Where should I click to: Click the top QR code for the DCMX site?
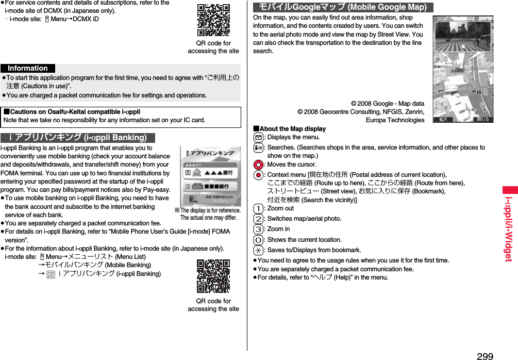[214, 20]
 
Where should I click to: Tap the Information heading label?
[28, 68]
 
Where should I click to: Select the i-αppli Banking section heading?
[78, 137]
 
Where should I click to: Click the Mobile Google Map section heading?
[343, 7]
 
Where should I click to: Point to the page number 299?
[484, 356]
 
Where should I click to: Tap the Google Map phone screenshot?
[462, 69]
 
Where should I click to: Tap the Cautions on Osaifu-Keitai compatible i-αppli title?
[72, 112]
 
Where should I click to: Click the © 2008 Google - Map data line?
[387, 104]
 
